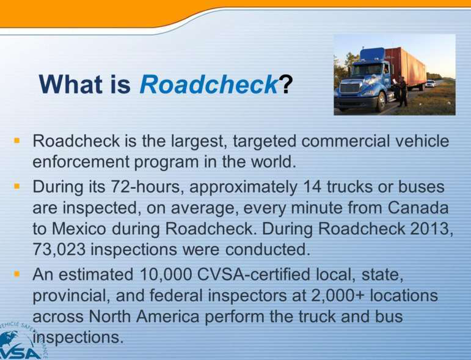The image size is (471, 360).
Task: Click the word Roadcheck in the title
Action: pyautogui.click(x=209, y=84)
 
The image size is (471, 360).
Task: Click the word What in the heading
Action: pyautogui.click(x=71, y=84)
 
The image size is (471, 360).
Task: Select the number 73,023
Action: pyautogui.click(x=59, y=249)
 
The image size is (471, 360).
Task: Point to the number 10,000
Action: pyautogui.click(x=166, y=274)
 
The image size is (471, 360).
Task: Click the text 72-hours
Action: pyautogui.click(x=147, y=186)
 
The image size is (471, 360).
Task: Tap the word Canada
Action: pyautogui.click(x=418, y=208)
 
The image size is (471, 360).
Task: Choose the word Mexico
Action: pyautogui.click(x=79, y=229)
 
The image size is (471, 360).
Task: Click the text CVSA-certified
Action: pyautogui.click(x=254, y=274)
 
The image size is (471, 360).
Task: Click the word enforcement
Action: pyautogui.click(x=81, y=162)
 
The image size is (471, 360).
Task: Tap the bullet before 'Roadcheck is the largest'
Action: pyautogui.click(x=17, y=141)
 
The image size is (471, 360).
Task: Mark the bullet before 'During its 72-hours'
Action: pyautogui.click(x=17, y=186)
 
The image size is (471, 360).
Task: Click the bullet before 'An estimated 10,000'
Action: pyautogui.click(x=17, y=274)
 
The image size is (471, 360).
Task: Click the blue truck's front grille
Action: pyautogui.click(x=350, y=88)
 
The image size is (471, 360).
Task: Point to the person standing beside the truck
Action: pyautogui.click(x=402, y=92)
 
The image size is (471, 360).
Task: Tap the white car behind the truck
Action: pyautogui.click(x=431, y=84)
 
